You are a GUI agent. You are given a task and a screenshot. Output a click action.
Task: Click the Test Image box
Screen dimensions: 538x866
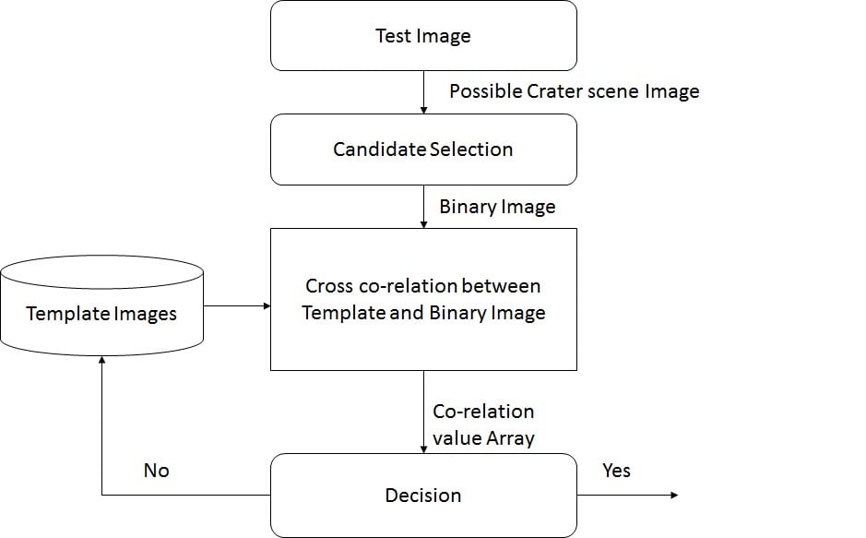click(423, 36)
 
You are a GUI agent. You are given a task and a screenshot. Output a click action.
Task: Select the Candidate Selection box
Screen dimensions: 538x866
click(423, 149)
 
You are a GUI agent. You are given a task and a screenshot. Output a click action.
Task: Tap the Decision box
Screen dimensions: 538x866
click(423, 496)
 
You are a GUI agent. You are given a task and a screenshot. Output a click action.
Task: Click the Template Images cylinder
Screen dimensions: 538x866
click(101, 305)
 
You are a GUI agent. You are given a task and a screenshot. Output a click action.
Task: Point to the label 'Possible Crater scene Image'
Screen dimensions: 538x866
click(574, 91)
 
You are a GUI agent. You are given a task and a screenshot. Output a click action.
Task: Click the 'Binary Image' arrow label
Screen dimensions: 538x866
click(497, 207)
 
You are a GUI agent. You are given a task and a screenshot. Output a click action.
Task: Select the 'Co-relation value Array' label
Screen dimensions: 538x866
click(484, 424)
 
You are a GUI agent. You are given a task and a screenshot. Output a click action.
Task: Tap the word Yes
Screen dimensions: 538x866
click(616, 471)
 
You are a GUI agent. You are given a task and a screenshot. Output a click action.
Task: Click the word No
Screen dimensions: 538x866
click(157, 471)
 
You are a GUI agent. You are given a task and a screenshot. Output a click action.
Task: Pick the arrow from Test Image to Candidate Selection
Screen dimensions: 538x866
click(423, 92)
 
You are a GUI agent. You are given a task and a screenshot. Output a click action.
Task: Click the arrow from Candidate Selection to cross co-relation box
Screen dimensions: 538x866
click(423, 207)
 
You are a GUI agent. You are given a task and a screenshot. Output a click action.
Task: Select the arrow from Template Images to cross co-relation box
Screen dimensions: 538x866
click(236, 305)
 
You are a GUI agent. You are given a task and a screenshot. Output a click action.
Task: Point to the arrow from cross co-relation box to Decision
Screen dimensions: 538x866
click(423, 412)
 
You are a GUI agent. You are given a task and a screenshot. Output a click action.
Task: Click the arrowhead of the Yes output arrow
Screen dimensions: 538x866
click(674, 496)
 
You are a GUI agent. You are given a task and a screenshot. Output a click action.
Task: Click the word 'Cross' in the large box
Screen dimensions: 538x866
click(329, 286)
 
